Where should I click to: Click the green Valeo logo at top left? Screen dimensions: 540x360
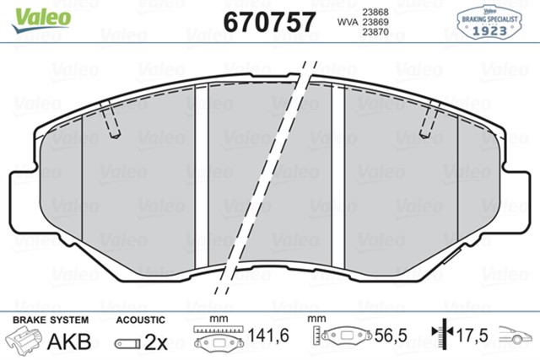pyautogui.click(x=41, y=19)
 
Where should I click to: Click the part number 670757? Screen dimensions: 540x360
pyautogui.click(x=269, y=22)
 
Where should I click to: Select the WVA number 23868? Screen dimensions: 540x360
pyautogui.click(x=375, y=12)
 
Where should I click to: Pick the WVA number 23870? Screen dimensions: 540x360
pyautogui.click(x=375, y=32)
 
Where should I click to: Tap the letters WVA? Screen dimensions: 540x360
pyautogui.click(x=348, y=22)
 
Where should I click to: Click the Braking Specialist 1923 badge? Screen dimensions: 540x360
pyautogui.click(x=489, y=23)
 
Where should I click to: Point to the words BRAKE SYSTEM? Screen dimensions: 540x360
pyautogui.click(x=51, y=320)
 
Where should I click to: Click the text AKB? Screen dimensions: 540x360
pyautogui.click(x=69, y=341)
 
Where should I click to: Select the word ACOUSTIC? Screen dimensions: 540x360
pyautogui.click(x=141, y=320)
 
